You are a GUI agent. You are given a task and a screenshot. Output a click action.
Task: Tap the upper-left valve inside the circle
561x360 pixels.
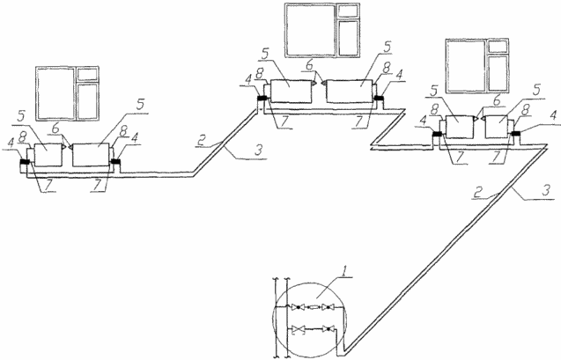[298, 307]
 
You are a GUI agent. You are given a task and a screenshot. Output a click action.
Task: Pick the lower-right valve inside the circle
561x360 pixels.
[328, 329]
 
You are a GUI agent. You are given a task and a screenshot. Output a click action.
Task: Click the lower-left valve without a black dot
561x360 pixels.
[298, 329]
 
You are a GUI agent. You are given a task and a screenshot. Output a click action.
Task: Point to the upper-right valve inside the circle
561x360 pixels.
[328, 307]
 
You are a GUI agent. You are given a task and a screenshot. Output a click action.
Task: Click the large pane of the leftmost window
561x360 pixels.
[55, 93]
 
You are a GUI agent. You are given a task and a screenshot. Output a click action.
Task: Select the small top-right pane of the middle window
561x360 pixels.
[348, 11]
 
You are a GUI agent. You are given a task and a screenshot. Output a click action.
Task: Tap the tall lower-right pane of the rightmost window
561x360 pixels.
[498, 73]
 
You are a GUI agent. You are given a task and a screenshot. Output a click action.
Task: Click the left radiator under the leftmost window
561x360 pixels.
[48, 155]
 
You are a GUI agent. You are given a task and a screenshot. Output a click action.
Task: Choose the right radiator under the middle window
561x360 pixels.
[350, 92]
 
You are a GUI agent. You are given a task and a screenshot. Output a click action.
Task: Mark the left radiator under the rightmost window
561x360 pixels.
[459, 127]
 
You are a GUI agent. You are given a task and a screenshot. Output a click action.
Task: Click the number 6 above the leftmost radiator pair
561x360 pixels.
[55, 129]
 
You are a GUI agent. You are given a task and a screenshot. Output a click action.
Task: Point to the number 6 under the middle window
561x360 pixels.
[310, 66]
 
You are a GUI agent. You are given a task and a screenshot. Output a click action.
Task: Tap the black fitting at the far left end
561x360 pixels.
[25, 162]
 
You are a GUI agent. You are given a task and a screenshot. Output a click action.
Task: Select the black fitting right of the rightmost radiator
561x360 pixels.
[515, 133]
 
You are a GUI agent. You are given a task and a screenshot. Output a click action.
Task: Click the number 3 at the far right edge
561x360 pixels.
[545, 190]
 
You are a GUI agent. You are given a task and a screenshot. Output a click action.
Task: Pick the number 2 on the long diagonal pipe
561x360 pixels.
[477, 192]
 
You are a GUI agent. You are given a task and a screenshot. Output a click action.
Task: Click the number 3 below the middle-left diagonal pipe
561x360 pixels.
[259, 150]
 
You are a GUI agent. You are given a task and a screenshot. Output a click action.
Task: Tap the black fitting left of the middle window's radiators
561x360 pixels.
[262, 99]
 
